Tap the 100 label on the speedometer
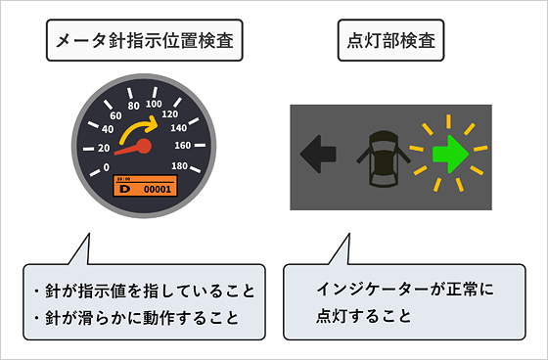[153, 103]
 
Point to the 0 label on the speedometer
[106, 167]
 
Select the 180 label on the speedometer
[181, 167]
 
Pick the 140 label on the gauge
[178, 127]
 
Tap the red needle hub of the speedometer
[144, 147]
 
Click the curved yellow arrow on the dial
[137, 130]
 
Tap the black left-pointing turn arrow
[318, 154]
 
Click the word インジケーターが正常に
[401, 292]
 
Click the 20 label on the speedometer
[104, 148]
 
